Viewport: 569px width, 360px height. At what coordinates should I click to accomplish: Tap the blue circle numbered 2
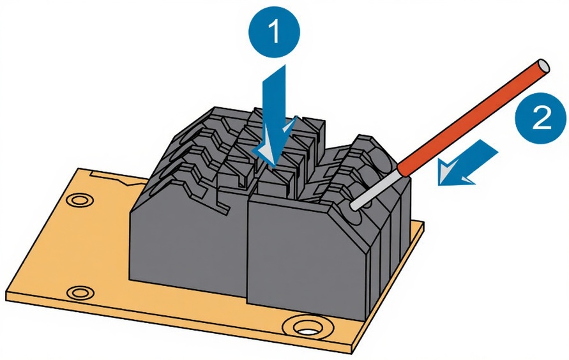[542, 119]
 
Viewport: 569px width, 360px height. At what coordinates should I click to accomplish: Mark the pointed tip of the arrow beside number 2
[441, 183]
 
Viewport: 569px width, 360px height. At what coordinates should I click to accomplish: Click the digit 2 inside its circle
[542, 119]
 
